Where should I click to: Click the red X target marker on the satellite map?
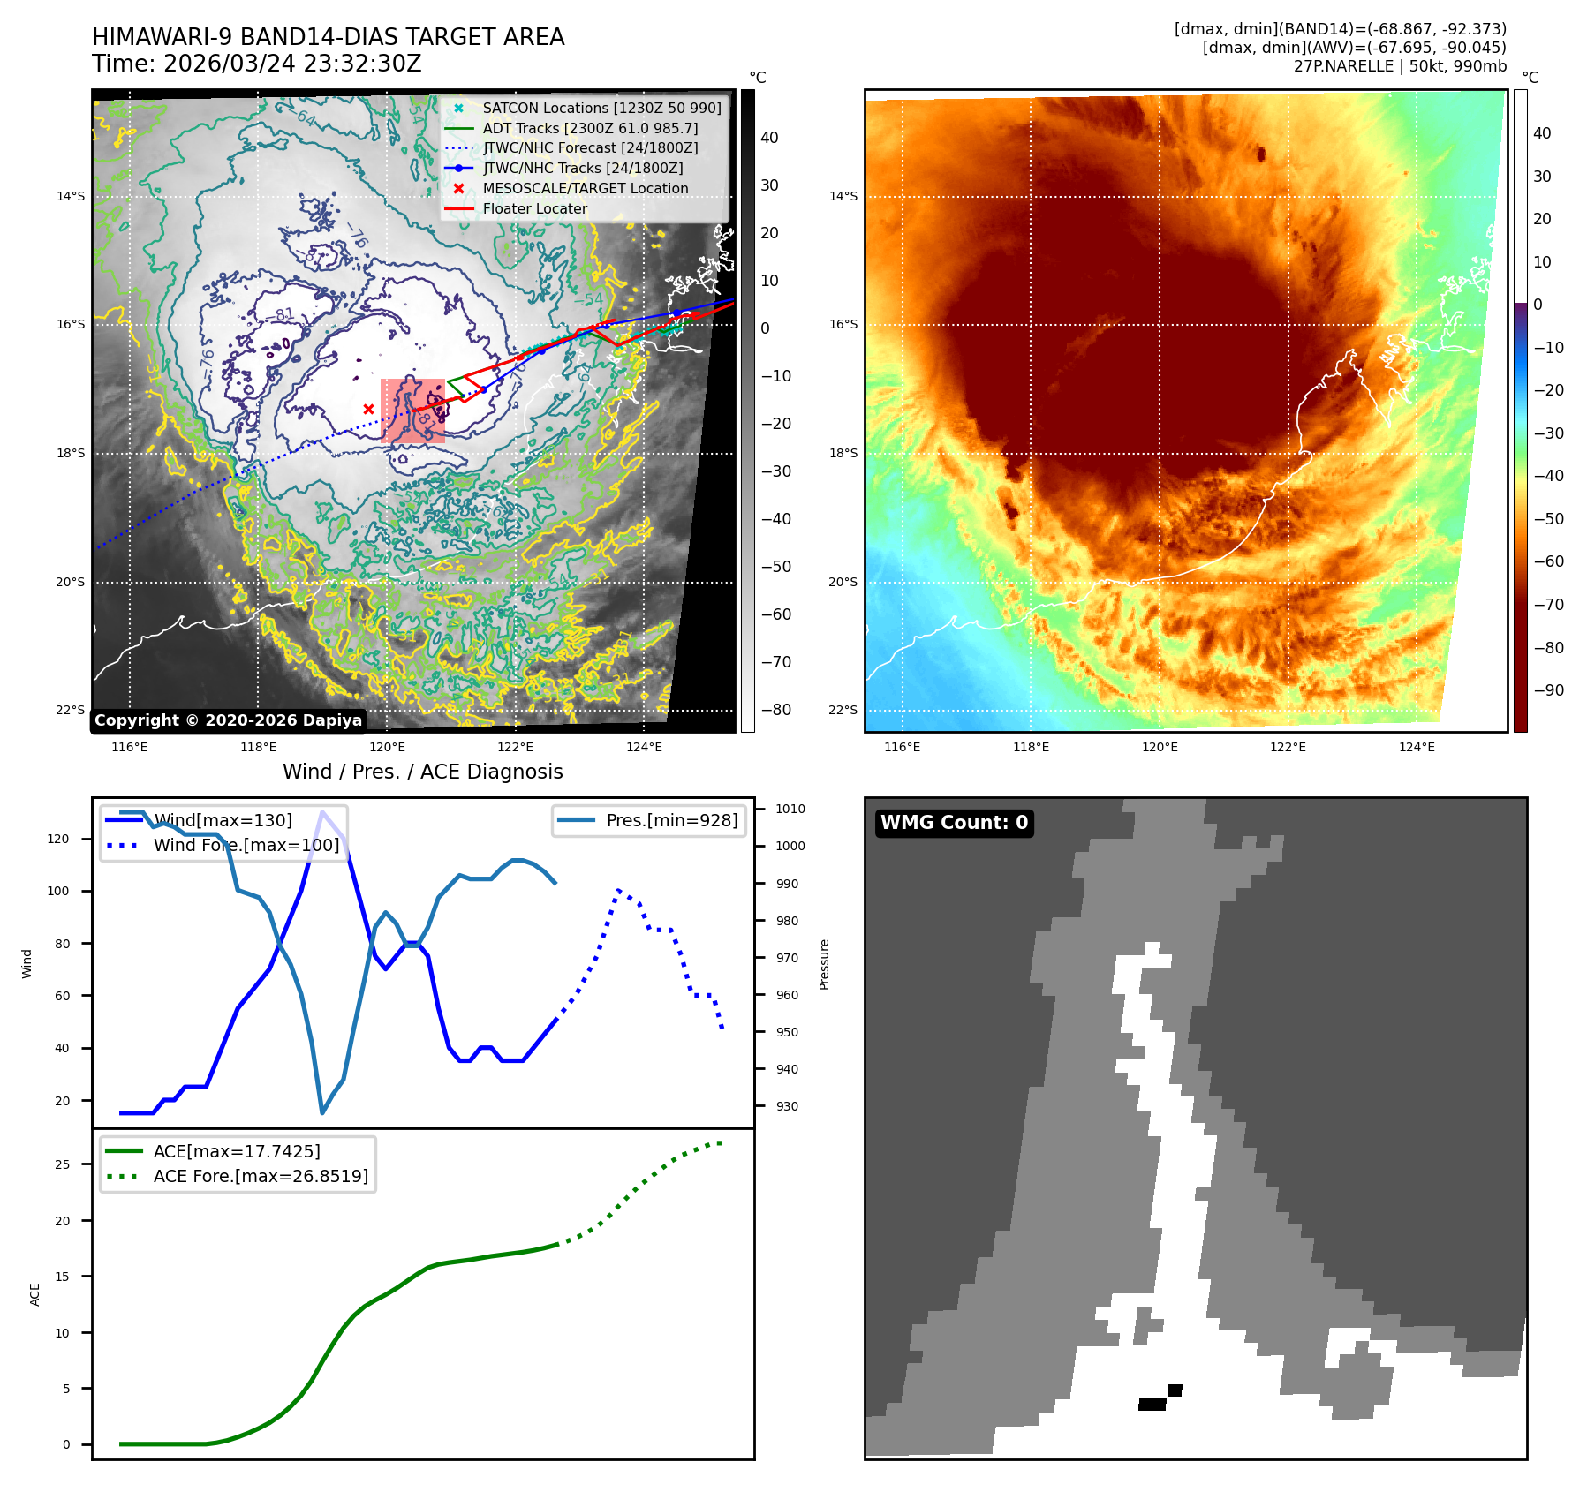pos(368,409)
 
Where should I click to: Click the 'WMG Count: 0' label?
pos(954,823)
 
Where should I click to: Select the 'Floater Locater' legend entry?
pos(534,209)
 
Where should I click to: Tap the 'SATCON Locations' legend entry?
pos(601,109)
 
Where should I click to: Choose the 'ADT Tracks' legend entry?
pos(590,129)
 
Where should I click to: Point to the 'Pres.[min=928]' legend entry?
pos(671,821)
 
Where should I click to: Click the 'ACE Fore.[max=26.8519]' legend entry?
pos(261,1177)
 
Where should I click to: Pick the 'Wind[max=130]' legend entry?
pos(223,821)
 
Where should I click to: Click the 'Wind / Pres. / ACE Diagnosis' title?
pos(422,772)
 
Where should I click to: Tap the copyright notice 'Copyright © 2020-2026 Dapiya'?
pos(228,720)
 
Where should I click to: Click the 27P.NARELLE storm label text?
pos(1400,66)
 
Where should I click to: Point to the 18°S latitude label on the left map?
pos(71,454)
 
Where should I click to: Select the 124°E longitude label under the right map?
pos(1417,748)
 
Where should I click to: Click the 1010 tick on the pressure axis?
pos(790,809)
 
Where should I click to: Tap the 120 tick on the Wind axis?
pos(58,840)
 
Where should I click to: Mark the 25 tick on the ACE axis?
pos(62,1165)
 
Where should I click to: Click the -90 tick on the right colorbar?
pos(1548,690)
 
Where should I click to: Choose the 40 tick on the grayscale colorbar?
pos(769,138)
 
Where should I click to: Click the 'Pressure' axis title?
pos(824,964)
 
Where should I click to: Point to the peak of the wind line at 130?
pos(322,811)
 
